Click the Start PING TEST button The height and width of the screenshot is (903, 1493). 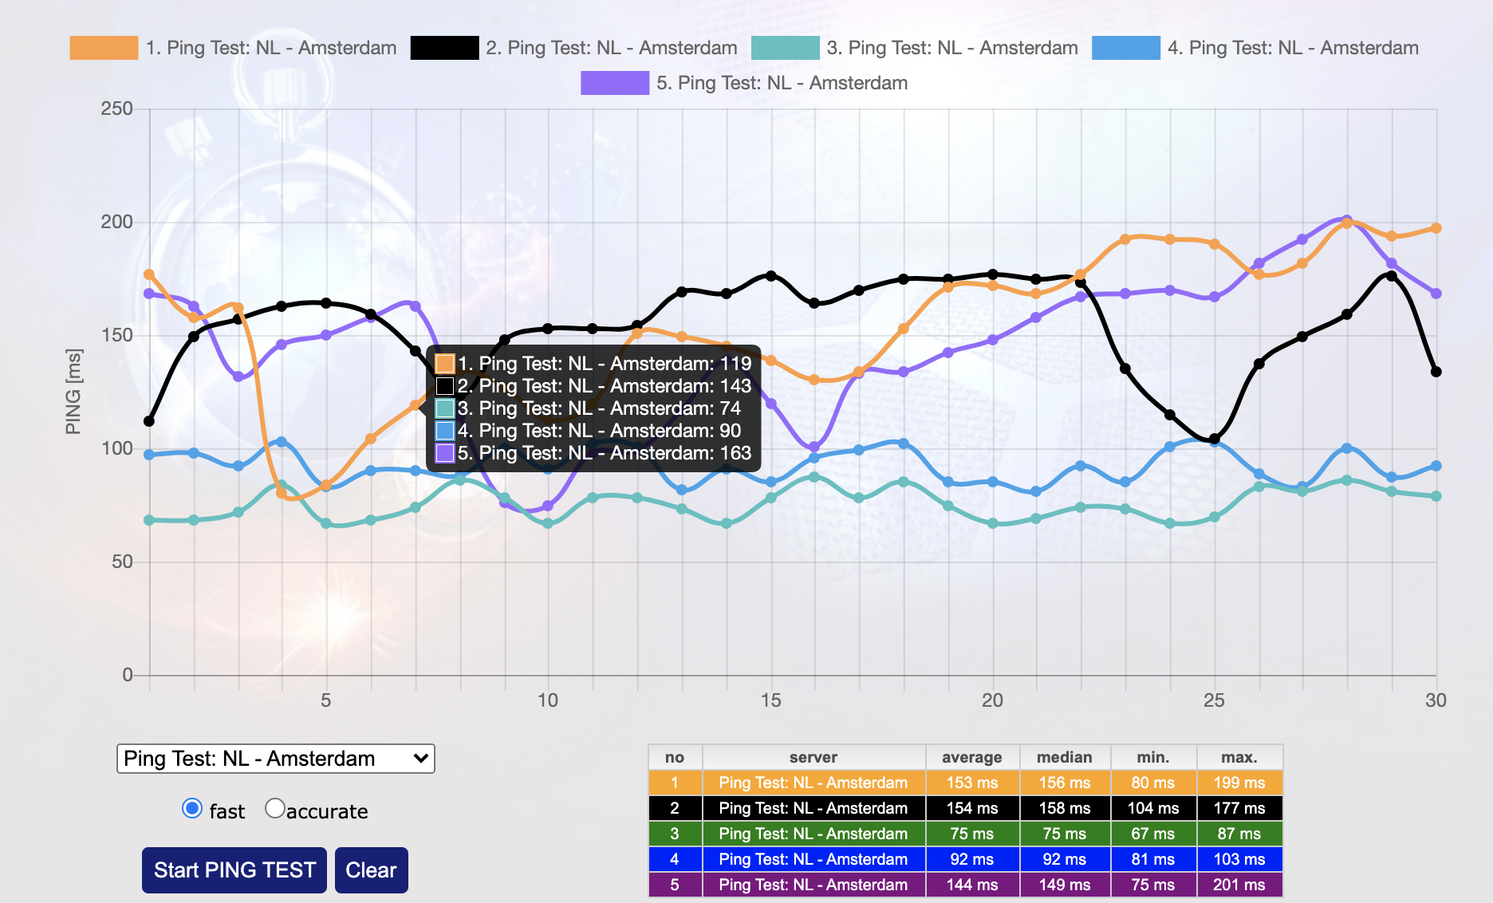pos(234,869)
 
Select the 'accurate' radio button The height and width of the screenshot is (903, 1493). pos(275,809)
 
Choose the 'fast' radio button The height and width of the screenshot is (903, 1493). pos(192,809)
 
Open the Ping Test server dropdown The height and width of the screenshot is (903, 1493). pos(276,759)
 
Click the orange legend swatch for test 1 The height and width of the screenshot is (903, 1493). pos(104,48)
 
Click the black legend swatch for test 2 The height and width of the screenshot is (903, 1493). pos(444,48)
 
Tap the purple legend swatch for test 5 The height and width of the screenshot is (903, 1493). pos(615,83)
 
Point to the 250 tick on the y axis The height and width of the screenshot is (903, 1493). pos(116,109)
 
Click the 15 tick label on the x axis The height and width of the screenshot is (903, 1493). pos(770,700)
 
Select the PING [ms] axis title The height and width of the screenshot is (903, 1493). pos(73,392)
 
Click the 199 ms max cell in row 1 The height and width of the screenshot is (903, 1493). pos(1239,783)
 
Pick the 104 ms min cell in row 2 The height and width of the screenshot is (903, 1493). pos(1152,808)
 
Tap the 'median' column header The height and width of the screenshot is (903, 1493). pos(1064,757)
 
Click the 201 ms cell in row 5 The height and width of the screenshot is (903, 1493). pos(1239,885)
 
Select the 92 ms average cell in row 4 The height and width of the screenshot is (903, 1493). pos(971,859)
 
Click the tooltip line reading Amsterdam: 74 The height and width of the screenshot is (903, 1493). pos(598,408)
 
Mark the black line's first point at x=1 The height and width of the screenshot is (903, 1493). pos(149,421)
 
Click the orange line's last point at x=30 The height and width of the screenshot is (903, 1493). pos(1436,228)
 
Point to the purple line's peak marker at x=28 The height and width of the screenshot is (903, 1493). pos(1347,220)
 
